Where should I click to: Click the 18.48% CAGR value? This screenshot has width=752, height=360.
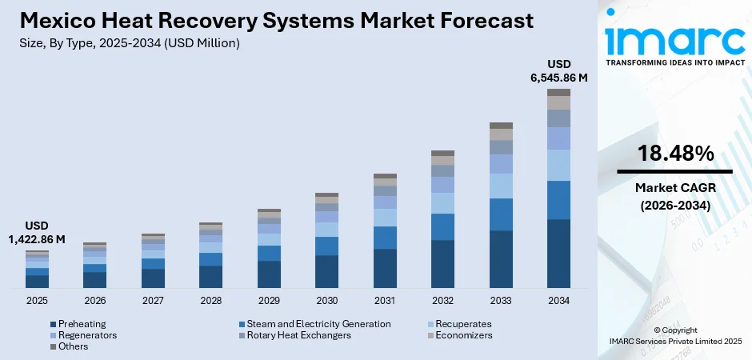675,154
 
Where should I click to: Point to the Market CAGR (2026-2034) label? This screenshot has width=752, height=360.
674,196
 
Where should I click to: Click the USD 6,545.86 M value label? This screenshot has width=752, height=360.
558,70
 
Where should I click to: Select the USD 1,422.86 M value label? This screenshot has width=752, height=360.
37,233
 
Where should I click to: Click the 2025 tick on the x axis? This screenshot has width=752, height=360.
37,301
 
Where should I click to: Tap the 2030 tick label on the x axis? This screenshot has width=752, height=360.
326,301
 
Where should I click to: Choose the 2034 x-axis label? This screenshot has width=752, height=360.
558,301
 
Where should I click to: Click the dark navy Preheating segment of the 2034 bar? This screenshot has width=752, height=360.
558,253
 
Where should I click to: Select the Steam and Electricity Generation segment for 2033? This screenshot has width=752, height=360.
501,214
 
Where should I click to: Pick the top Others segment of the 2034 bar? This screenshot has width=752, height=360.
558,92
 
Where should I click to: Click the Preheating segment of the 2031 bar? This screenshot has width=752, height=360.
385,268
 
